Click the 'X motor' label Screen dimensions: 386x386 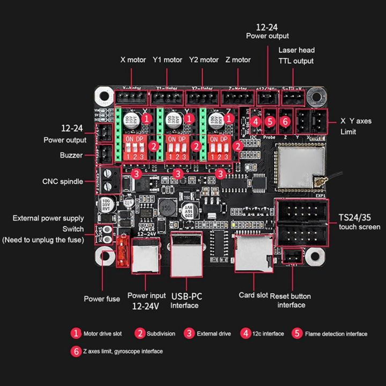(133, 60)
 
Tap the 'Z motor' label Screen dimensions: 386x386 (238, 60)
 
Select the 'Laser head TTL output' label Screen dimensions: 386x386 (296, 55)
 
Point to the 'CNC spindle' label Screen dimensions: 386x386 (63, 181)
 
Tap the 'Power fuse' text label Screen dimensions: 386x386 (102, 299)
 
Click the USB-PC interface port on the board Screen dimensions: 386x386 (186, 254)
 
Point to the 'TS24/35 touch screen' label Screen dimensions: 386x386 (359, 222)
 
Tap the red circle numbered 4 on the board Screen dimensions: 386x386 (256, 122)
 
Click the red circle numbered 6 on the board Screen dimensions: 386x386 (285, 122)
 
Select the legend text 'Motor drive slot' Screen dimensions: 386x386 (102, 333)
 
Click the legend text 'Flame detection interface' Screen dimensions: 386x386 (336, 333)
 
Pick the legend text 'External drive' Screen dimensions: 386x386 (214, 333)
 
